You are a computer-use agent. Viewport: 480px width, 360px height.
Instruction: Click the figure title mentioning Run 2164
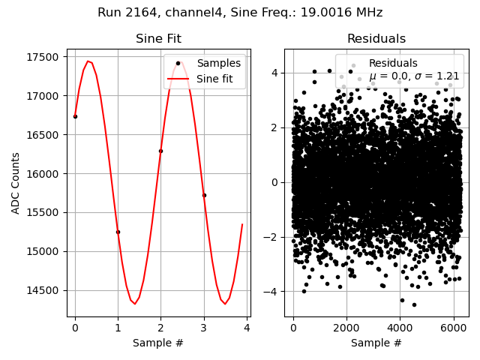(x=240, y=13)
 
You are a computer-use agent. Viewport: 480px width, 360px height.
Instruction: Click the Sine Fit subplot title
(x=158, y=39)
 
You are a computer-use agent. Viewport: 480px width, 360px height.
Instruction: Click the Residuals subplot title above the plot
(x=376, y=39)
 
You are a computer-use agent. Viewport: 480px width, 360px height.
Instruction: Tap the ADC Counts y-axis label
(x=16, y=183)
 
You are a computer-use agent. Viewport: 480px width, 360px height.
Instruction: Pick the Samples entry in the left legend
(x=218, y=64)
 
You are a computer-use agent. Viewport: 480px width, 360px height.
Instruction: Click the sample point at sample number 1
(x=118, y=232)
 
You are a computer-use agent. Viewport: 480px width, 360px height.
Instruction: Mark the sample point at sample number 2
(x=160, y=151)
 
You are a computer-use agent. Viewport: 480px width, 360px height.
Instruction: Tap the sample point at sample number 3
(x=204, y=195)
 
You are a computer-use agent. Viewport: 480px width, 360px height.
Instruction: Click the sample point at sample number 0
(x=75, y=116)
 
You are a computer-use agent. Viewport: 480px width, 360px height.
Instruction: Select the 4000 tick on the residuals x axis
(x=399, y=328)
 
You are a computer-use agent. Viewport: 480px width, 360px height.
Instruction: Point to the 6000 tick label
(x=452, y=328)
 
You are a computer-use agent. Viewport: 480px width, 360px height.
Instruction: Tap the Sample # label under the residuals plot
(x=376, y=343)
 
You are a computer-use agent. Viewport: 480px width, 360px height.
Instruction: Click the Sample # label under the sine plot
(x=158, y=343)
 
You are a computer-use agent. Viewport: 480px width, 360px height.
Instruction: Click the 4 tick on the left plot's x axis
(x=247, y=328)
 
